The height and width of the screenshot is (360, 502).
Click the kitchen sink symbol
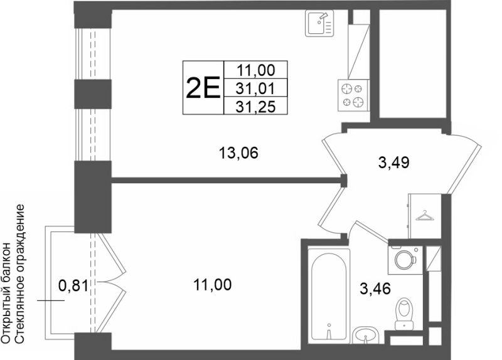click(x=319, y=23)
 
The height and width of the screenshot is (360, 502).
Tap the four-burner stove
click(x=353, y=95)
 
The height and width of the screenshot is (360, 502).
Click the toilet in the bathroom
click(x=404, y=314)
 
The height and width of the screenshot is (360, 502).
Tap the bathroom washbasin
click(x=366, y=336)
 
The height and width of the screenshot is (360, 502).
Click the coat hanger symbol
click(x=425, y=216)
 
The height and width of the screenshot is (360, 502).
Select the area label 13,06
click(x=238, y=152)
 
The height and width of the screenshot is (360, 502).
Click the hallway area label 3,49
click(x=393, y=162)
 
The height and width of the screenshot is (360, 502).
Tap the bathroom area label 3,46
click(x=375, y=289)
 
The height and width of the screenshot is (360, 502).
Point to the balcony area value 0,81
click(x=73, y=285)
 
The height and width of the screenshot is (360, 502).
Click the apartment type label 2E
click(x=203, y=87)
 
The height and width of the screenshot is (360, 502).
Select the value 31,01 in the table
click(x=255, y=88)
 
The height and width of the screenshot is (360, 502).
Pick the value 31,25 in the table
click(x=255, y=107)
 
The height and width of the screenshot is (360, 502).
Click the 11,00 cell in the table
click(x=255, y=70)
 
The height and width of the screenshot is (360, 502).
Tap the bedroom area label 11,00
click(x=212, y=284)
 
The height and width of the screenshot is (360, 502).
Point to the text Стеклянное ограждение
click(x=19, y=273)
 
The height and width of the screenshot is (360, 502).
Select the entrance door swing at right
click(x=465, y=163)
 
